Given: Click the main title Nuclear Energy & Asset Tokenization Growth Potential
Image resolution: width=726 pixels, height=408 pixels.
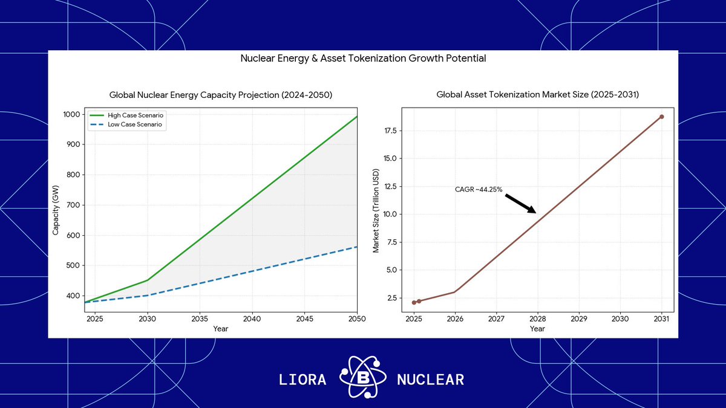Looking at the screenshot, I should tap(363, 59).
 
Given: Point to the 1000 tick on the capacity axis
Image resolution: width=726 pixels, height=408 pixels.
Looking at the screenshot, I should tap(71, 115).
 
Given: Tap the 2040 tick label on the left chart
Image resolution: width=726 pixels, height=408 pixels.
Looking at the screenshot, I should tap(252, 319).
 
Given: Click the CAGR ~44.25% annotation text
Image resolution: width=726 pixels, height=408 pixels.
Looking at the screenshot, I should tap(479, 189).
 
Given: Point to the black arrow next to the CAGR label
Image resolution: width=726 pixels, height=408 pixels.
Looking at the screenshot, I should tap(520, 203).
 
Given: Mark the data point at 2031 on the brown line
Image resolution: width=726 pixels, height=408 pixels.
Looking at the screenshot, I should tap(661, 117).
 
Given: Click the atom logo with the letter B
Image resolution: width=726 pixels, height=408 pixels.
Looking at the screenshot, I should tap(361, 379).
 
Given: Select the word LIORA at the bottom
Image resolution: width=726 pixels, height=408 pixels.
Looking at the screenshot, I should tap(302, 380).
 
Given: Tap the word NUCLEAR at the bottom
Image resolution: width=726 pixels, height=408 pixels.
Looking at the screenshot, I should tap(430, 380).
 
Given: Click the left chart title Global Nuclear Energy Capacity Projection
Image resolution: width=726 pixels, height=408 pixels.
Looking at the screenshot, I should tap(221, 95).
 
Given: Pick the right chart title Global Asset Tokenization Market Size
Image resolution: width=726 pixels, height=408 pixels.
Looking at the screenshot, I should tap(537, 95).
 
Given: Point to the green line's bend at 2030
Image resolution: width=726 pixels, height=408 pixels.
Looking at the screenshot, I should tap(148, 280).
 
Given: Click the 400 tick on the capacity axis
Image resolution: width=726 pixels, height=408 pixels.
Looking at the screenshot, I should tap(73, 296).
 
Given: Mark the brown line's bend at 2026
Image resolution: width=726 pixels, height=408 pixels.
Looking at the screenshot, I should tap(455, 292).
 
